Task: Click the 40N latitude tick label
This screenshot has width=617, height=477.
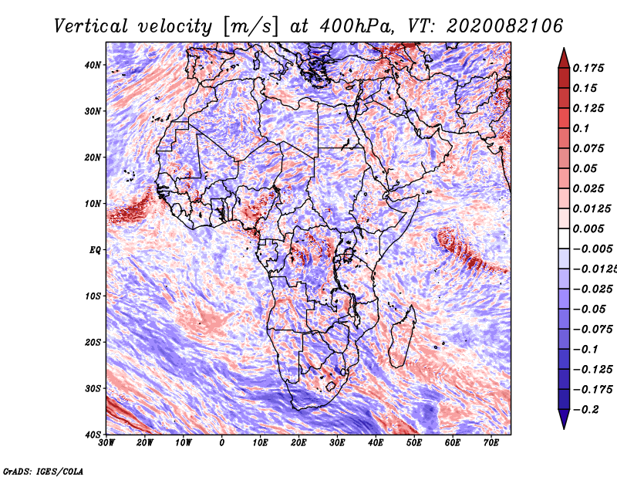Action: click(x=93, y=65)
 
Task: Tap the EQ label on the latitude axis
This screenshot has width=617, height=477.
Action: click(x=95, y=250)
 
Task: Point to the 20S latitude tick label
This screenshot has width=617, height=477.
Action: click(x=93, y=342)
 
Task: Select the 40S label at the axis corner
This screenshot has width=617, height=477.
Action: click(x=93, y=435)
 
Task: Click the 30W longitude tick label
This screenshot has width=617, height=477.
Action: click(x=106, y=443)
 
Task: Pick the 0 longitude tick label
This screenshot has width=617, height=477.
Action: click(x=222, y=443)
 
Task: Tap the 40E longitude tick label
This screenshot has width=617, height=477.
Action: click(x=376, y=443)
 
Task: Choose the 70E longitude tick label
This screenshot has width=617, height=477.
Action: click(x=492, y=443)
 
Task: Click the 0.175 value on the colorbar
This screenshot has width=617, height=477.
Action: click(x=588, y=68)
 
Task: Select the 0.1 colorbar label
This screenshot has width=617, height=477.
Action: click(x=582, y=128)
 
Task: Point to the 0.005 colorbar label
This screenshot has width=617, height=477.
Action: click(x=588, y=228)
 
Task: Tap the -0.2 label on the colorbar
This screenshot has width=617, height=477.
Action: click(x=586, y=410)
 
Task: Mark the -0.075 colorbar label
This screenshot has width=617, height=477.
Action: click(x=593, y=329)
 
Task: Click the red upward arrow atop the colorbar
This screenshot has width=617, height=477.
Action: click(x=564, y=58)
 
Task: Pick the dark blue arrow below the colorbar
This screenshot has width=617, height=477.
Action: click(x=564, y=419)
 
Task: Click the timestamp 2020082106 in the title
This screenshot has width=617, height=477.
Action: click(x=505, y=26)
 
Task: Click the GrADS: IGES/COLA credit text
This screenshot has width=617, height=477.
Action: click(x=43, y=472)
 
